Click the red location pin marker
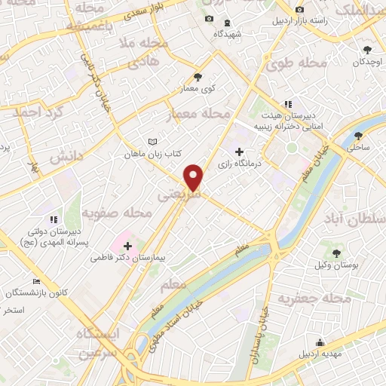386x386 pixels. click(195, 177)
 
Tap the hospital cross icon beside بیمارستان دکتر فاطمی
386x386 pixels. click(127, 246)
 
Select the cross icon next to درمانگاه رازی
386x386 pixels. click(239, 152)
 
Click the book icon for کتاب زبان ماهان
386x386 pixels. click(153, 142)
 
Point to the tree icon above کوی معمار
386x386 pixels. click(198, 76)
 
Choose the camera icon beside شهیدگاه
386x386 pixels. click(209, 18)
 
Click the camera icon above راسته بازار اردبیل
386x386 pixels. click(300, 9)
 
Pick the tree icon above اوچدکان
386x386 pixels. click(367, 50)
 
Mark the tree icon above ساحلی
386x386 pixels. click(357, 136)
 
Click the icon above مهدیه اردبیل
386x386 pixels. click(320, 343)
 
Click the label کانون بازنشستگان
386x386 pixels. click(38, 292)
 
